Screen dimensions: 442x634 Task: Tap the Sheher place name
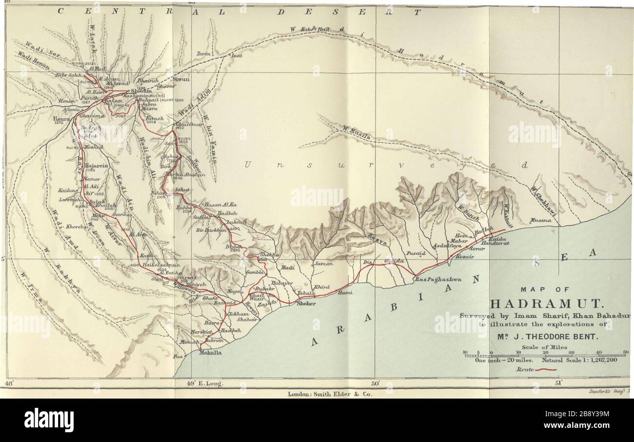[x=299, y=303]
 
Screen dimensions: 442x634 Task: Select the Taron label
[x=203, y=54]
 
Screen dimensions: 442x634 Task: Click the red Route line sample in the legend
[x=546, y=371]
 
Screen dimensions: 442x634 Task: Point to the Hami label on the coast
[x=345, y=293]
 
